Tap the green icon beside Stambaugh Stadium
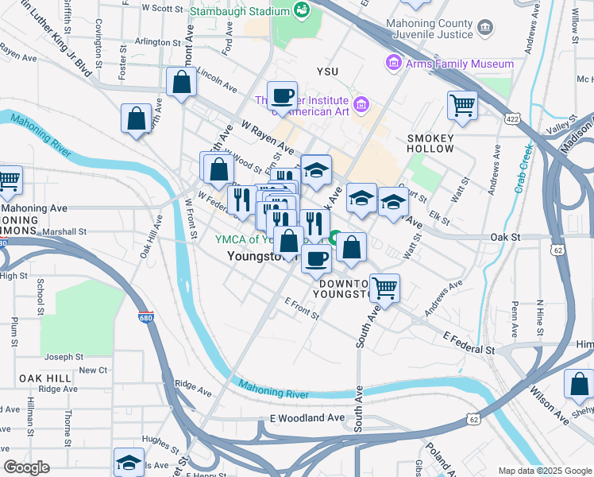(x=301, y=10)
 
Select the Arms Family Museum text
(x=460, y=64)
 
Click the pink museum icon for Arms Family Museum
(x=393, y=63)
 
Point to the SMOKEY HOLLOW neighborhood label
(x=430, y=143)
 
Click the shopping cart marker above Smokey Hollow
(x=461, y=104)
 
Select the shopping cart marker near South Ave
(x=384, y=288)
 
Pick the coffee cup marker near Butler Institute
(x=282, y=96)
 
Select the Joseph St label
(x=64, y=358)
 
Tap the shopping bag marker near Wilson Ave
(x=579, y=383)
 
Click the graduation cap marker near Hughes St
(x=129, y=462)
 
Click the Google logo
(x=26, y=468)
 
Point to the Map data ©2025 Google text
(x=545, y=471)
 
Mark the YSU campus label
(x=327, y=72)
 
